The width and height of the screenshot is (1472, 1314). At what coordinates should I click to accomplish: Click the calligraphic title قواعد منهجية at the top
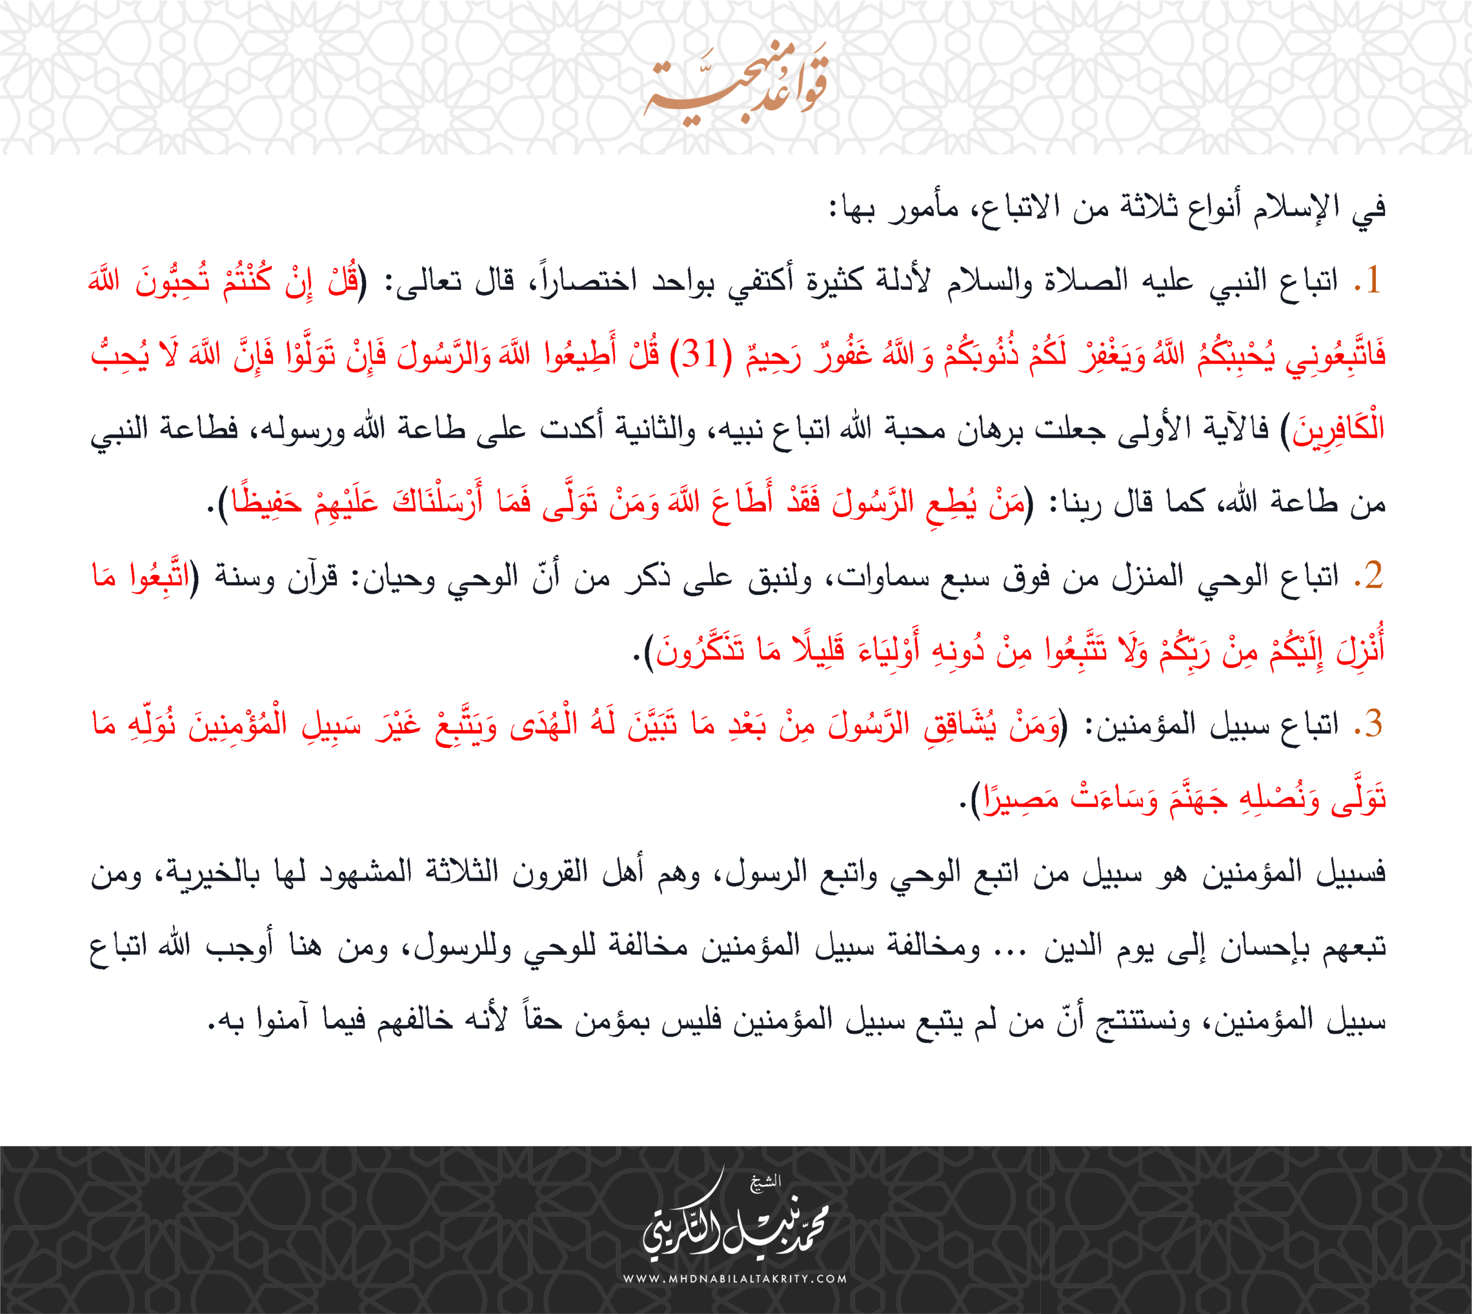coord(736,85)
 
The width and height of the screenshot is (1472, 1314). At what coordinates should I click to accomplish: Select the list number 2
coord(1372,576)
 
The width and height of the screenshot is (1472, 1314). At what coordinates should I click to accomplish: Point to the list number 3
coord(1372,723)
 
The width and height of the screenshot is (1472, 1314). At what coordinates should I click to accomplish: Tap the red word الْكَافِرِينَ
coord(1339,429)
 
